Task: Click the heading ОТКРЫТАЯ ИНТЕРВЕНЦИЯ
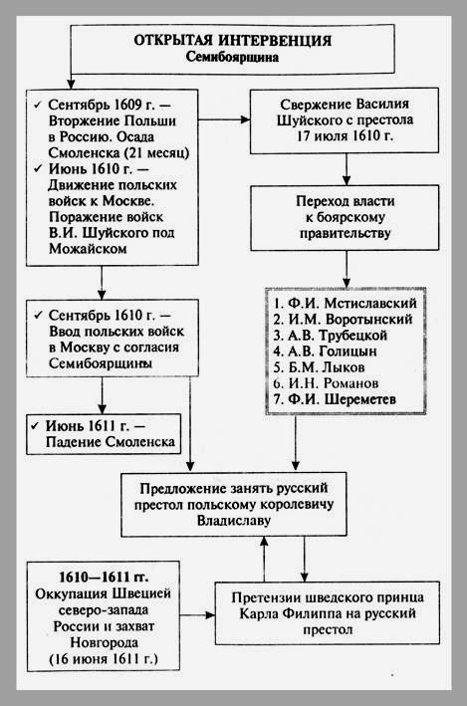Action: [232, 40]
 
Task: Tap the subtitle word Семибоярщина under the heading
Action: [232, 57]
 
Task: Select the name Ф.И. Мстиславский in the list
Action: [352, 303]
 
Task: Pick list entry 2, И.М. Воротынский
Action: [350, 320]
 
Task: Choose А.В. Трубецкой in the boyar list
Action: [338, 336]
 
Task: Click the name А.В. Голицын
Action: [333, 352]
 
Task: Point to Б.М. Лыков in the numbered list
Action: [327, 367]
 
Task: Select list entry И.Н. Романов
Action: [334, 383]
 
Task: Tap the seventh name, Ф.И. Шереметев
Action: [343, 399]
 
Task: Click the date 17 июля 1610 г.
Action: [345, 136]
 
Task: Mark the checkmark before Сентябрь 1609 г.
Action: [38, 106]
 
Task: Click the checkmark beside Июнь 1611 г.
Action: [35, 425]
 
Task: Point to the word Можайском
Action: [88, 249]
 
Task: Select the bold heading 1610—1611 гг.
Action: [104, 578]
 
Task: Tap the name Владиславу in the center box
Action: [234, 521]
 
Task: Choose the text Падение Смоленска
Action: [111, 442]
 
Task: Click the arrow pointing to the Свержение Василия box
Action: [224, 119]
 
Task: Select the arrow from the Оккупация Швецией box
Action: [198, 615]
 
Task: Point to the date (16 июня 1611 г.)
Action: [104, 659]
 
